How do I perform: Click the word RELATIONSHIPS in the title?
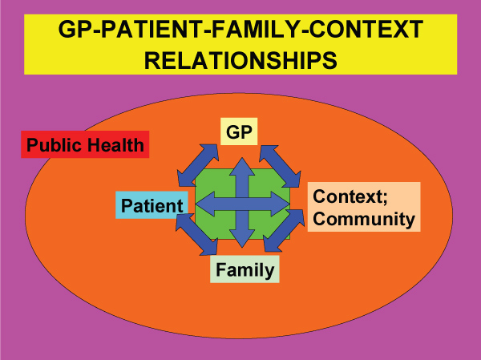(x=240, y=60)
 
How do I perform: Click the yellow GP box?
(x=238, y=132)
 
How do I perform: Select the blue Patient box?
(x=152, y=205)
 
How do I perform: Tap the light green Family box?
(x=244, y=270)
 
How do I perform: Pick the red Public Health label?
(x=85, y=145)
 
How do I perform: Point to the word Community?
(x=365, y=218)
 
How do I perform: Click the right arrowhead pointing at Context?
(x=281, y=204)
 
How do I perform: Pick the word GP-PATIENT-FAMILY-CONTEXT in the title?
(x=240, y=30)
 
